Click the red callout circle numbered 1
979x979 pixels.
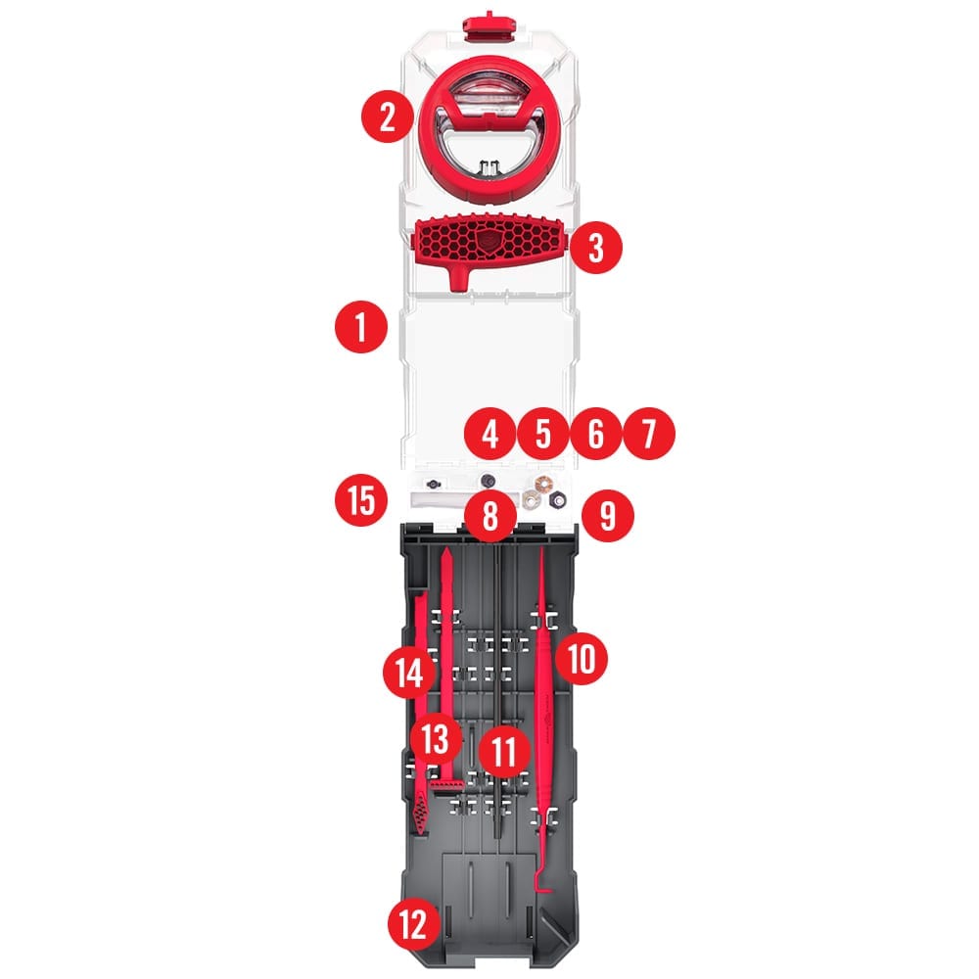pos(361,327)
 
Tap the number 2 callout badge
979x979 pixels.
pos(387,117)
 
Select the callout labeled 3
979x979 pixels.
pos(596,248)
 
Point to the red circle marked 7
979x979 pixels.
pos(649,434)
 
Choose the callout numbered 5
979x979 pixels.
pos(543,434)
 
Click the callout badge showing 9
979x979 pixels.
pos(608,516)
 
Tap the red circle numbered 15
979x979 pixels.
pos(361,501)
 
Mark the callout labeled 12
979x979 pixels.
pos(414,924)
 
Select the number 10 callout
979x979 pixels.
pos(582,658)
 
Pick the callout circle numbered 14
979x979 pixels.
pos(409,674)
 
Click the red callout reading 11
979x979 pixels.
pos(504,751)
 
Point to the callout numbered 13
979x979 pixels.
pos(436,738)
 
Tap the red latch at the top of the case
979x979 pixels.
pos(489,26)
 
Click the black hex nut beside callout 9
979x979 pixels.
pos(557,499)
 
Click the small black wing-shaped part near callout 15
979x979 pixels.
pos(433,484)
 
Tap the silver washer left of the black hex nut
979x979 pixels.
pos(531,499)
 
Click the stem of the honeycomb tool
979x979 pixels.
pos(460,277)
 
